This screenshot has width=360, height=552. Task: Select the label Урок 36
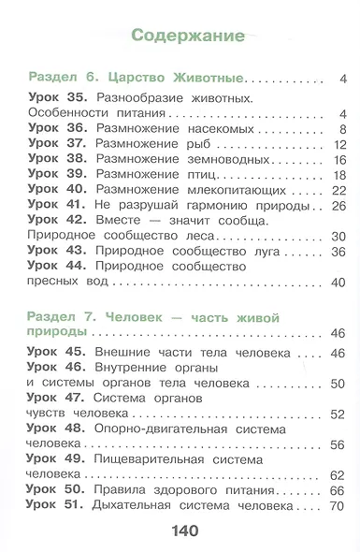click(x=58, y=128)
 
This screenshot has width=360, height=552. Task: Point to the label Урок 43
click(x=58, y=252)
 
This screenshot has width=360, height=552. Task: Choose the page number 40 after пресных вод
click(x=338, y=283)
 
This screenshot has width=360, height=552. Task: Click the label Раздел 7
click(x=62, y=319)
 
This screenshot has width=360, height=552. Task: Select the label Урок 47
click(x=58, y=398)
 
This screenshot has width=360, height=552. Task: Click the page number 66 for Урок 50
click(x=338, y=490)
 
